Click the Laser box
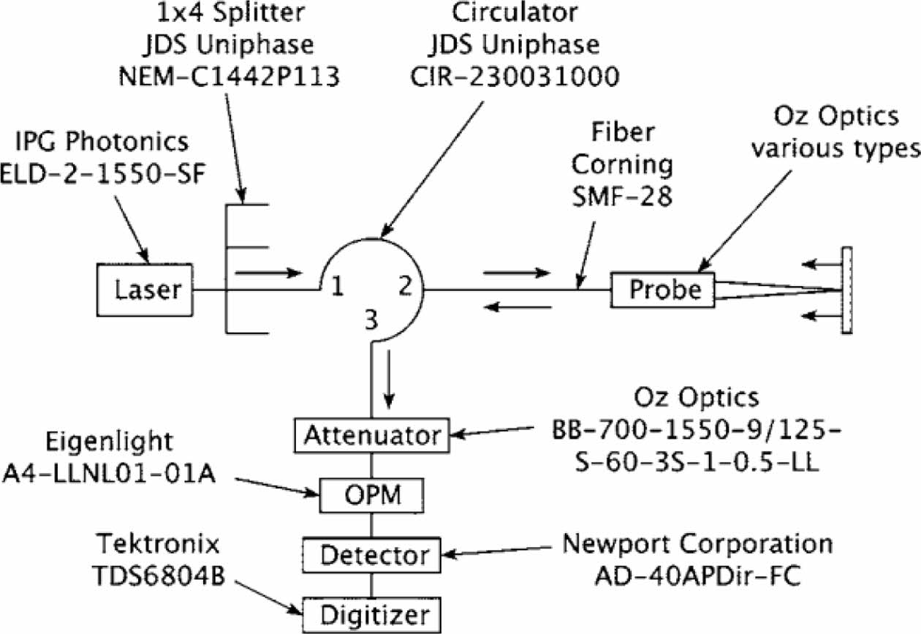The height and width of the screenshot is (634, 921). tap(146, 290)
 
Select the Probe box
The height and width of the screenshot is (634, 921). tap(664, 290)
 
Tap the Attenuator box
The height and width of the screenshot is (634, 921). tap(368, 435)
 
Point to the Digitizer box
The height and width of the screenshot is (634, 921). tap(373, 613)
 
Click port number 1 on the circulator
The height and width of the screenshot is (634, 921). tap(337, 287)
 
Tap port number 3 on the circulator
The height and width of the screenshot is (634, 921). tap(372, 320)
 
